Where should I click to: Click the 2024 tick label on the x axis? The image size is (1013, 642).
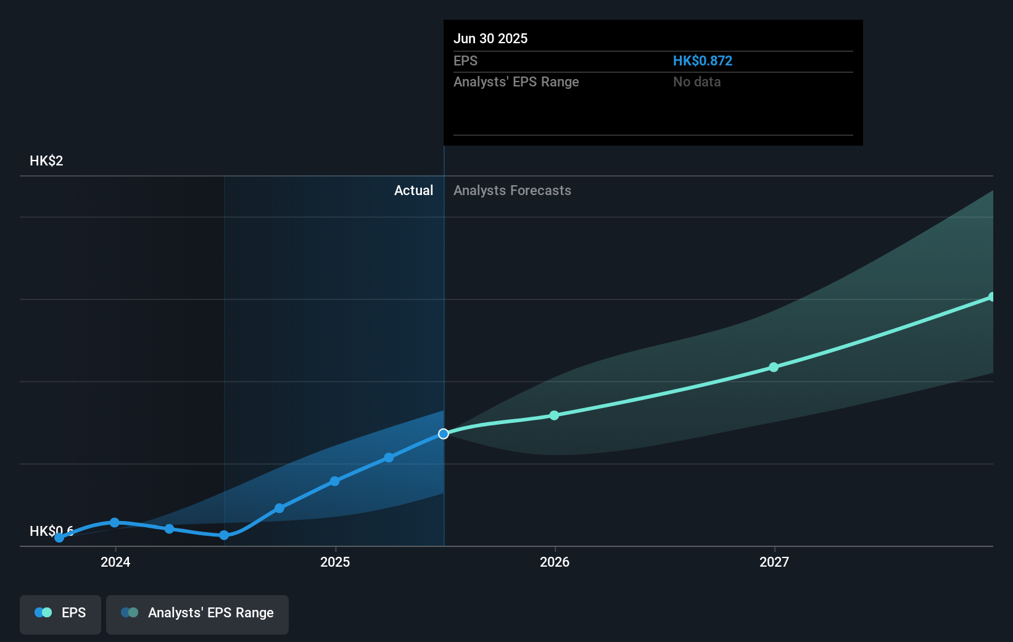(x=115, y=562)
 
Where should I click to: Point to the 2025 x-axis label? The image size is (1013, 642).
(x=335, y=562)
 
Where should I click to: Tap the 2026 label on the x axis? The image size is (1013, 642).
(x=555, y=562)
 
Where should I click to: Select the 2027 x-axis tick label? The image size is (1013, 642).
(x=774, y=562)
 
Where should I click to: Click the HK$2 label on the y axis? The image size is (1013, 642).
(x=46, y=161)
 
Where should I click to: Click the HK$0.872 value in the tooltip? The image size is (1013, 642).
(x=702, y=60)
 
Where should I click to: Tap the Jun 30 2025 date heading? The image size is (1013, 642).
(x=490, y=38)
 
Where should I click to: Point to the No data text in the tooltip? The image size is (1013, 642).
(x=697, y=81)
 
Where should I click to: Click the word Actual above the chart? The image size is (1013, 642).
(x=413, y=190)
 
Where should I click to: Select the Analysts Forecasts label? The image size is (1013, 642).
(x=512, y=190)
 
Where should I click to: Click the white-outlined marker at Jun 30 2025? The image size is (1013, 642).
(x=444, y=434)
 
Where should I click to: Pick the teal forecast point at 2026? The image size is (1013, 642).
(x=554, y=415)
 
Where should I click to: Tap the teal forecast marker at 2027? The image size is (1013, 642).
(x=774, y=367)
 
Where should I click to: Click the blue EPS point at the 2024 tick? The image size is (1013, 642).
(x=115, y=523)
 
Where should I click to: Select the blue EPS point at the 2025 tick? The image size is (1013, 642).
(x=334, y=481)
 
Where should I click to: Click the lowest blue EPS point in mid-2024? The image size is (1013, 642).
(x=224, y=535)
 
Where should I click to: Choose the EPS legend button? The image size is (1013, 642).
(x=60, y=613)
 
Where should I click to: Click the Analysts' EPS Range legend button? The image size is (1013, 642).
(x=197, y=613)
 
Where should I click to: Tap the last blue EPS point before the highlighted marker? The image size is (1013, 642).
(x=389, y=457)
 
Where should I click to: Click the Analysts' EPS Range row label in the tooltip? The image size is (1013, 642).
(x=516, y=81)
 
